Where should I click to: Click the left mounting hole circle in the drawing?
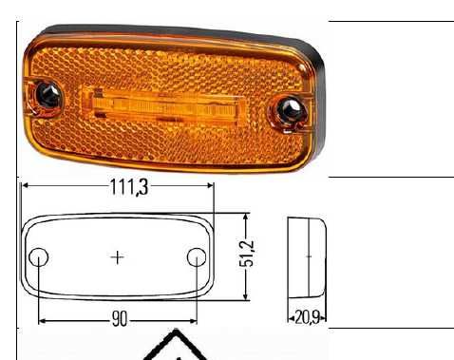(x=39, y=257)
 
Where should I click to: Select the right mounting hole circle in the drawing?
(x=197, y=257)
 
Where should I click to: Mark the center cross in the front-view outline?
(x=118, y=256)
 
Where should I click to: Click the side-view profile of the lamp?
(x=307, y=256)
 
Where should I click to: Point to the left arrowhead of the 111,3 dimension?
(x=25, y=186)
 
